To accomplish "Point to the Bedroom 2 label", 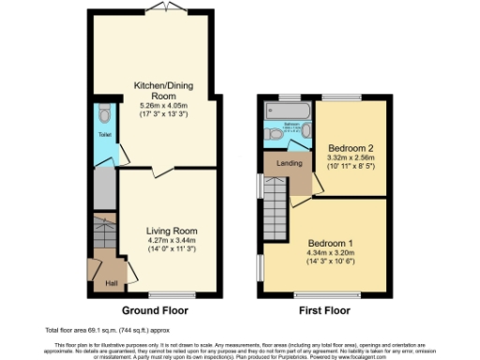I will click(x=352, y=148).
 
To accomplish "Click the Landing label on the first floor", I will click(x=289, y=164).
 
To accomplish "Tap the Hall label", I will click(x=112, y=283).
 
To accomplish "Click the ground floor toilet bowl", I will click(x=104, y=116).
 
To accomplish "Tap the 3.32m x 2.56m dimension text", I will click(x=352, y=158).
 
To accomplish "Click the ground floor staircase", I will click(x=103, y=234).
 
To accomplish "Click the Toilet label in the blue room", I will click(x=104, y=134).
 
